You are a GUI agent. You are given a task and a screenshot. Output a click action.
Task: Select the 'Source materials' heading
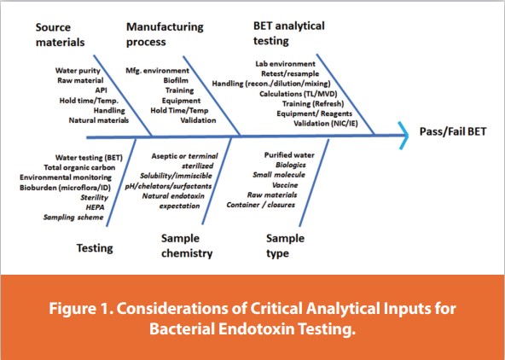(x=61, y=33)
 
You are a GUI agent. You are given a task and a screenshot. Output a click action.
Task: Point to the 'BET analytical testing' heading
(x=288, y=33)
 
